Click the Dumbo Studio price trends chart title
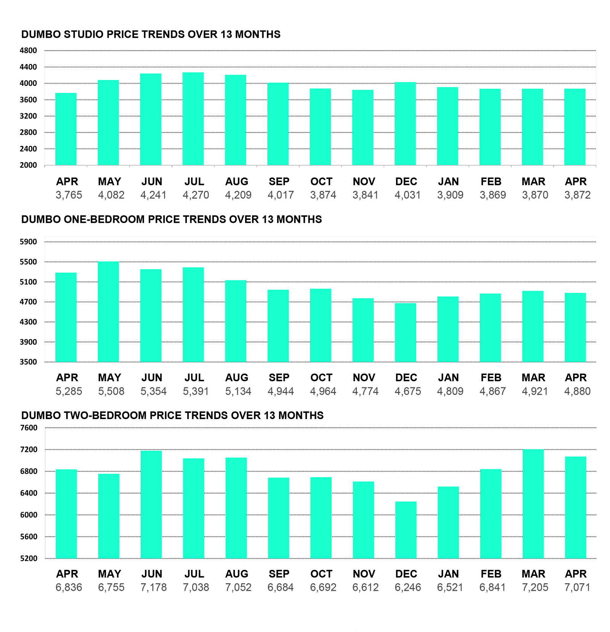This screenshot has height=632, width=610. [151, 34]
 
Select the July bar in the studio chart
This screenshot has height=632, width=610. [193, 119]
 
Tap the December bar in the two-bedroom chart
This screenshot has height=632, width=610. [406, 530]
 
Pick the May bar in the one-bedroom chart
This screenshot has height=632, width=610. [108, 312]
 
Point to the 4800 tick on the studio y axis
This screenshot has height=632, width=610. [29, 50]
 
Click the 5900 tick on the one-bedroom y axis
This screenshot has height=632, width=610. [29, 242]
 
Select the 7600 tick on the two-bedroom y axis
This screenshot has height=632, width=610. [29, 428]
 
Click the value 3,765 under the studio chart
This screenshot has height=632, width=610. [69, 195]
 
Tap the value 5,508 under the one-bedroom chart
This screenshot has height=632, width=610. [111, 391]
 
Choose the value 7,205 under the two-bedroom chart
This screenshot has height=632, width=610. [535, 587]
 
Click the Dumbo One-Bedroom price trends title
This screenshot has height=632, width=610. [172, 219]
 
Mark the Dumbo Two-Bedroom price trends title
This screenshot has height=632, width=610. [172, 415]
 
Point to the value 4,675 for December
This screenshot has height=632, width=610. [408, 391]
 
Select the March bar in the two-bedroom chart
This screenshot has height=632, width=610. [533, 504]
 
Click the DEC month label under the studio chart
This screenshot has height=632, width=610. [406, 182]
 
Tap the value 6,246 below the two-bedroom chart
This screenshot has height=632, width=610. [408, 587]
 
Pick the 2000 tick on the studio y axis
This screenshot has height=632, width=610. [29, 165]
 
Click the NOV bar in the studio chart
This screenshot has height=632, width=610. [363, 127]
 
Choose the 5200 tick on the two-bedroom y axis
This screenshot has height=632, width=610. [29, 558]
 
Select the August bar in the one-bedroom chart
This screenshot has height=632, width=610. [236, 321]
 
